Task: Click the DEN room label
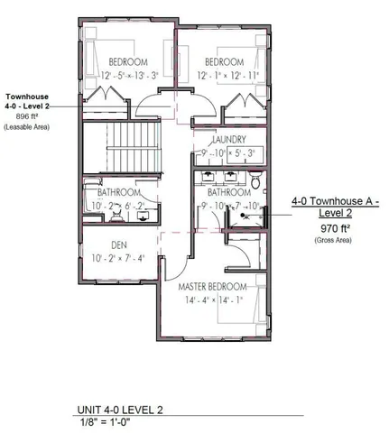[x=117, y=244]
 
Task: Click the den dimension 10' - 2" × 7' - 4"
[x=118, y=257]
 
